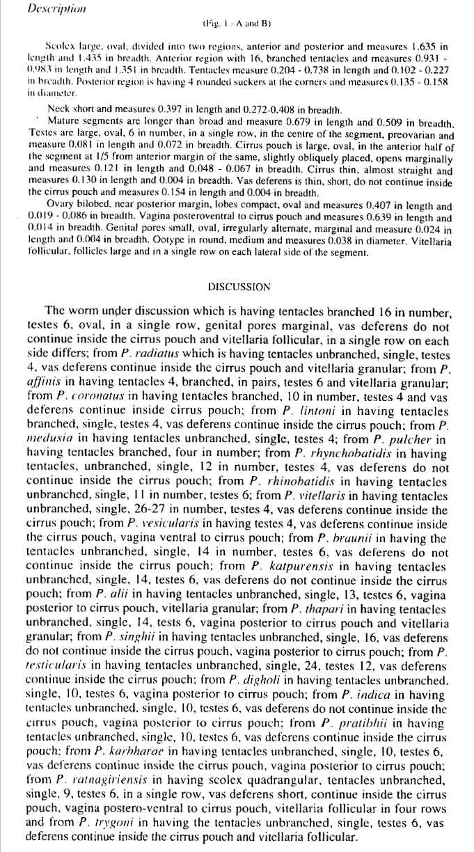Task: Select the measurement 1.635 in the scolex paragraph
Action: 420,47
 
